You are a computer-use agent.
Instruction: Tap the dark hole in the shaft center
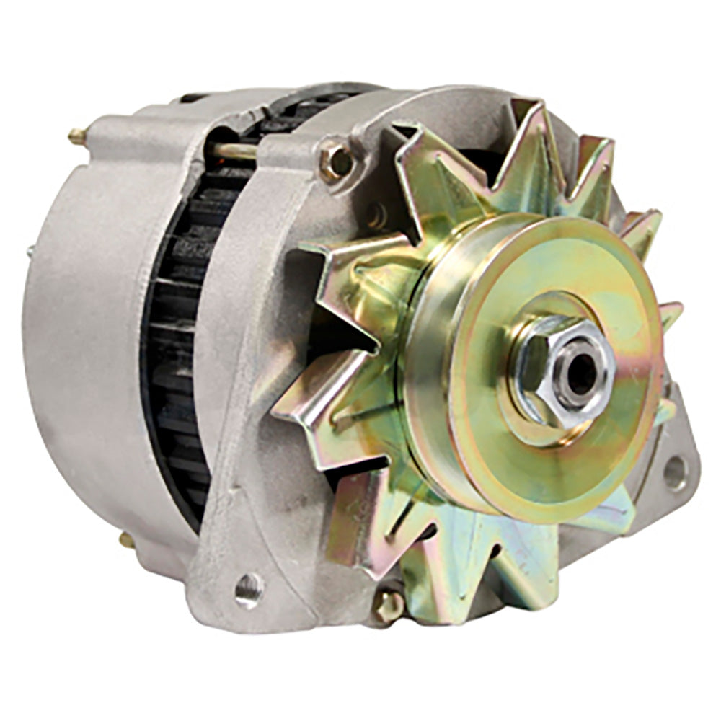click(580, 373)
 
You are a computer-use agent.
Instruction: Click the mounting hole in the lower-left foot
click(248, 588)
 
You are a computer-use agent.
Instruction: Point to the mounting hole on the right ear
click(675, 473)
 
